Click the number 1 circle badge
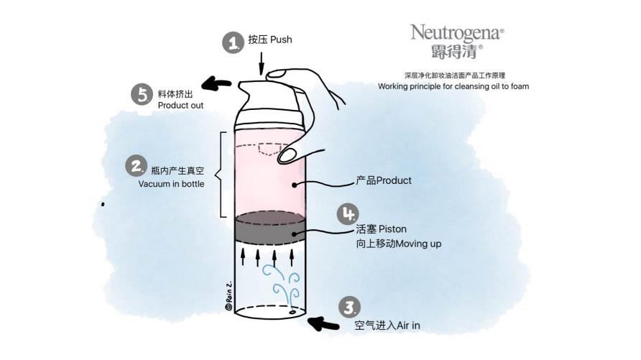(232, 42)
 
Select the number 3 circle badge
(349, 308)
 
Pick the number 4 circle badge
(348, 213)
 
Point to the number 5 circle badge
(142, 94)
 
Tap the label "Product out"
(180, 106)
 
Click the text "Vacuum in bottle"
(172, 184)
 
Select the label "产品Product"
(384, 180)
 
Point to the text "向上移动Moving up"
(398, 244)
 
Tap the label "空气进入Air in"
(387, 326)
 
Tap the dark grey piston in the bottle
(271, 227)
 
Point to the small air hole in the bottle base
(292, 314)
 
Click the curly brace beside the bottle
(221, 174)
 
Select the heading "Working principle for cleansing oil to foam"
(453, 86)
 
